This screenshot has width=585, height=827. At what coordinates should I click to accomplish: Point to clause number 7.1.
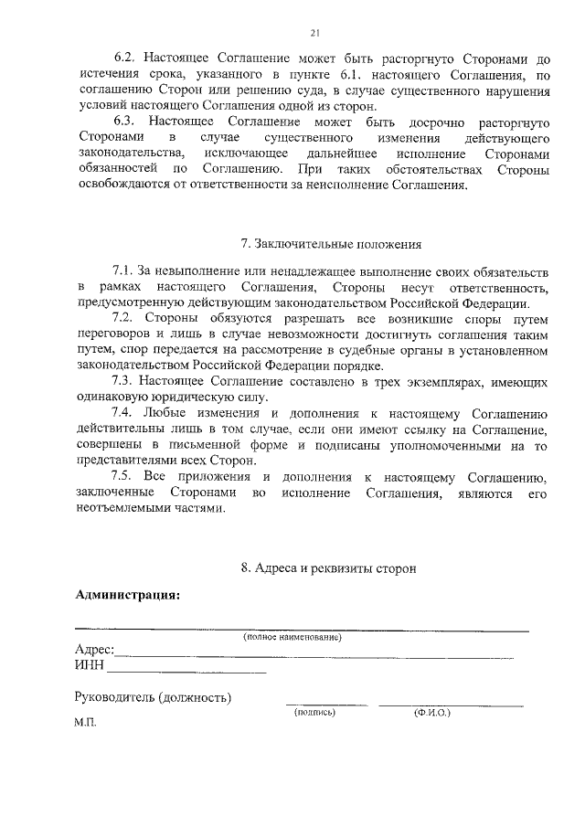click(x=122, y=271)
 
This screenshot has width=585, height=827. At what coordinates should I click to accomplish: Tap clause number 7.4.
click(x=122, y=413)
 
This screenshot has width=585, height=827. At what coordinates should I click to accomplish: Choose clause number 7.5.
click(x=122, y=477)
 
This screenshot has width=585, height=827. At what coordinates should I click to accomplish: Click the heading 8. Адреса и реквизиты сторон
click(x=328, y=567)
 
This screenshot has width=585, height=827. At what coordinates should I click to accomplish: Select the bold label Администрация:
click(x=127, y=595)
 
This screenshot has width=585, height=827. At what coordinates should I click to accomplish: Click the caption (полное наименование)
click(x=292, y=637)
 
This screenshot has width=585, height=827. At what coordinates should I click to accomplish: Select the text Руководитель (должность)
click(x=152, y=697)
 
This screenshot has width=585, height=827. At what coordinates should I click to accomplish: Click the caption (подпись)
click(x=315, y=712)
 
